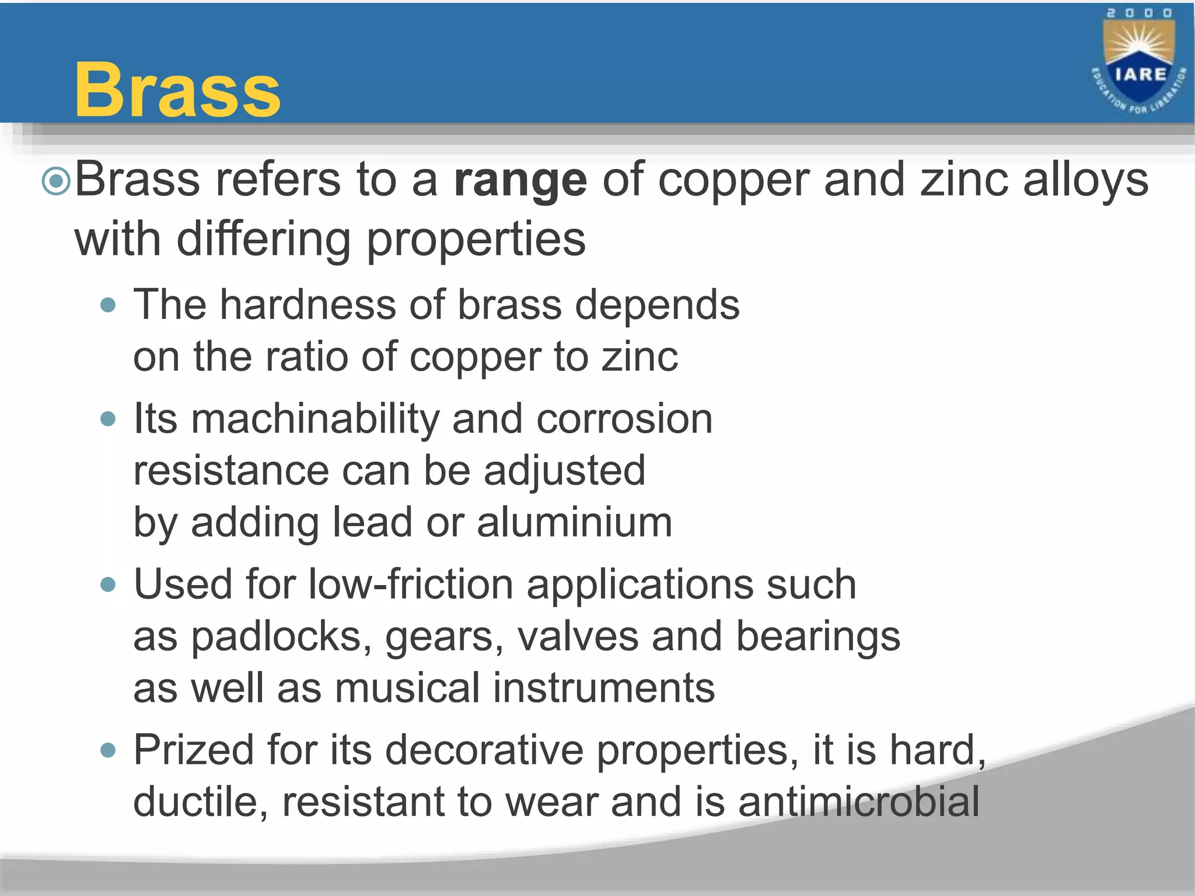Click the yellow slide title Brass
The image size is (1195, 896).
(177, 90)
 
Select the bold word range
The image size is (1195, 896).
(520, 181)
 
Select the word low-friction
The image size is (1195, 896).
(410, 584)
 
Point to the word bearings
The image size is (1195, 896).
(817, 636)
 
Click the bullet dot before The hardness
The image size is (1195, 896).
(108, 305)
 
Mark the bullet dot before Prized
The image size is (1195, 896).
(108, 750)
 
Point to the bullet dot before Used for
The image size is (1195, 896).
(108, 584)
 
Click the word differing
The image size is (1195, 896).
(264, 240)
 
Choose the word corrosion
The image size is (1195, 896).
(624, 419)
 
